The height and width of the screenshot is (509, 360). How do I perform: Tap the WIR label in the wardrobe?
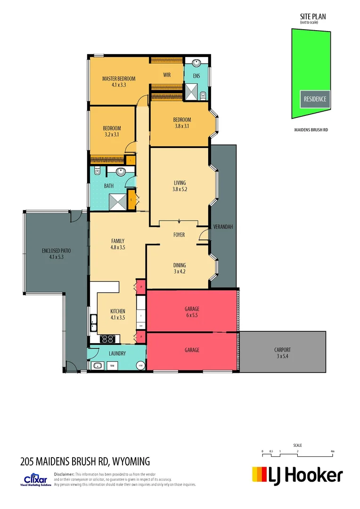tap(167, 75)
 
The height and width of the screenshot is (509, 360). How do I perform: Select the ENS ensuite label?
tap(196, 75)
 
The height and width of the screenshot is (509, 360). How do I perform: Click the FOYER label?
tap(179, 235)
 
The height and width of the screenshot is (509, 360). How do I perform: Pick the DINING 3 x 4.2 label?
tap(179, 268)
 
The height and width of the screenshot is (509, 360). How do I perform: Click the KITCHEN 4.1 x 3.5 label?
tap(118, 314)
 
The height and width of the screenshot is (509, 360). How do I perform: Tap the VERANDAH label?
tap(223, 227)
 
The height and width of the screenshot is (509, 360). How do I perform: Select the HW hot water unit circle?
tap(140, 366)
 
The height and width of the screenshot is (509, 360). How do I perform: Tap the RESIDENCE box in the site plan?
tap(314, 99)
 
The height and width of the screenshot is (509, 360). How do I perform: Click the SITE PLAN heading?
tap(313, 16)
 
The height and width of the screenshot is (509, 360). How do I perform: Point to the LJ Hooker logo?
tap(297, 475)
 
